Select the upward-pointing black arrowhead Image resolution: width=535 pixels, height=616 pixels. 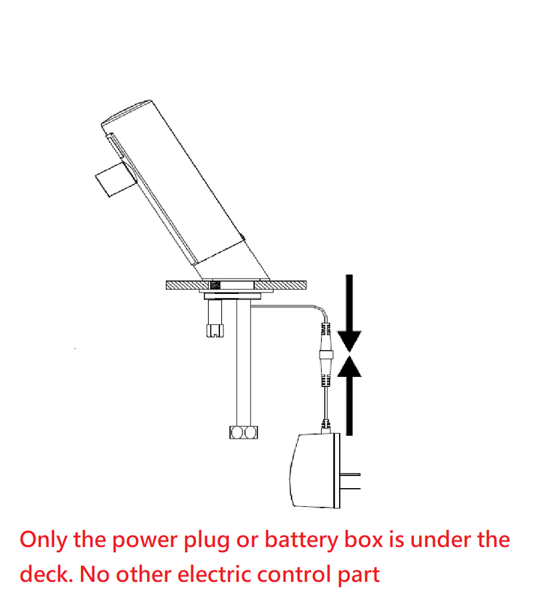click(x=348, y=366)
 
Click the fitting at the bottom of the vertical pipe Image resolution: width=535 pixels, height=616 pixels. click(x=243, y=433)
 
